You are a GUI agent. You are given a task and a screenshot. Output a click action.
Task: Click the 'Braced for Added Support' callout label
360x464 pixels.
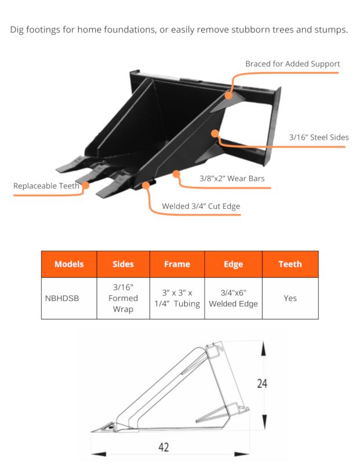(292, 64)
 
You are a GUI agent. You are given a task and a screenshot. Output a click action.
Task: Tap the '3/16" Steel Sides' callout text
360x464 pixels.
(318, 137)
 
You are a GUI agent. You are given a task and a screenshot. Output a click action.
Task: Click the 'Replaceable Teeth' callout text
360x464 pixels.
(46, 186)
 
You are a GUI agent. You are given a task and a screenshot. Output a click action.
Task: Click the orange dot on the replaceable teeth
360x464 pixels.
(86, 186)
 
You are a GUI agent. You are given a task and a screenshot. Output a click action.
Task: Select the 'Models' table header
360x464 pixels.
(69, 264)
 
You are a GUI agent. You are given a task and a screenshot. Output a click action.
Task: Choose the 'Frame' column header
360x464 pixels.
(177, 264)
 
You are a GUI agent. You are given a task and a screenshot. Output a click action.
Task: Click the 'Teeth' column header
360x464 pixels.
(290, 264)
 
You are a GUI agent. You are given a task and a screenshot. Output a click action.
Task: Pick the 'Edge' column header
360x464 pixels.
(233, 264)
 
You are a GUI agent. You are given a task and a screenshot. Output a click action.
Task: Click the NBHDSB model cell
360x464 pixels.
(62, 298)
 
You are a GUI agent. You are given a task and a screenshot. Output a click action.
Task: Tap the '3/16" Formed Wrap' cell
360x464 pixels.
(123, 298)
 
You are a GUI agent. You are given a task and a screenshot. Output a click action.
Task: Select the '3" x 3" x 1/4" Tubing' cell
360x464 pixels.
(177, 298)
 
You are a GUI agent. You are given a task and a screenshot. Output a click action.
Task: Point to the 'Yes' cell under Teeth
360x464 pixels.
(290, 298)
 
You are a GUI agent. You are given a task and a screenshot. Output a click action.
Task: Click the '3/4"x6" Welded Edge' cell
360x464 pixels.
(233, 298)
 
